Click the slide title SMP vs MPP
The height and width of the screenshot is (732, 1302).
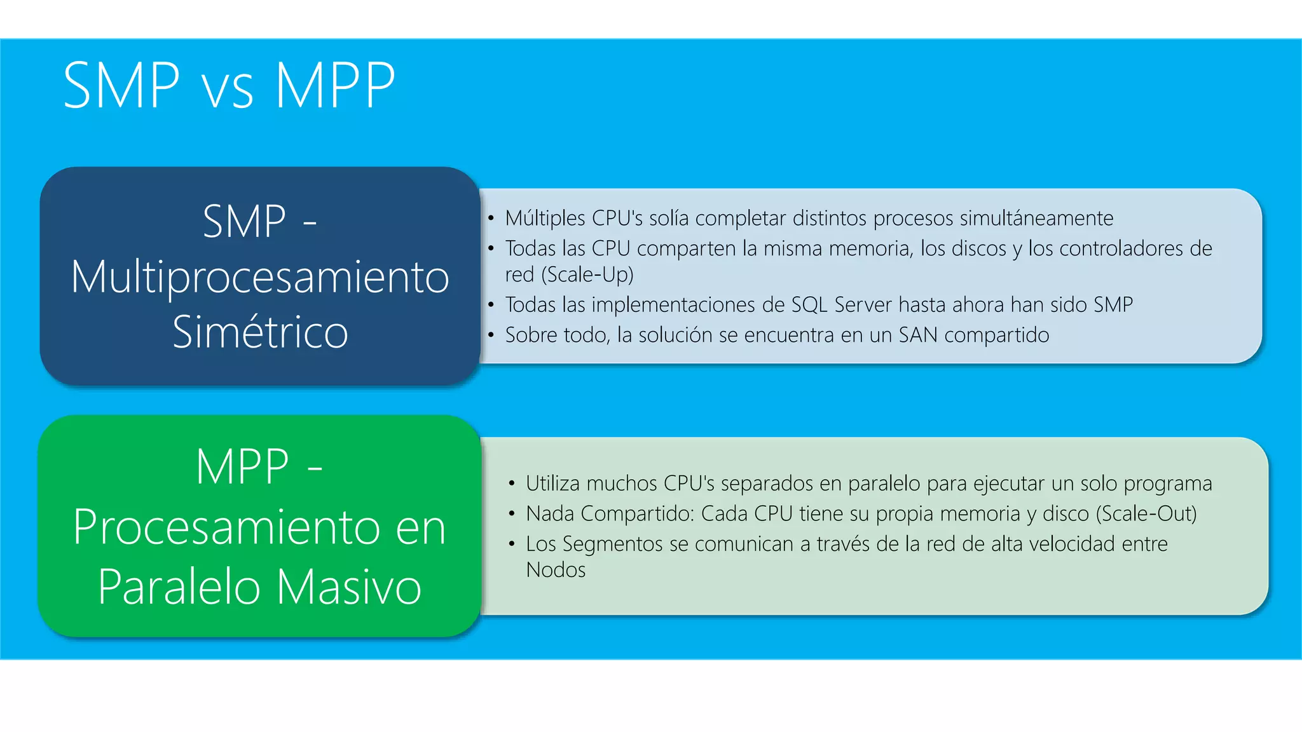[x=229, y=86]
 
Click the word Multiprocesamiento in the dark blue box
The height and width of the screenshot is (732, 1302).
[x=260, y=277]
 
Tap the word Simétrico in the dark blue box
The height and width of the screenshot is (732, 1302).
[x=260, y=332]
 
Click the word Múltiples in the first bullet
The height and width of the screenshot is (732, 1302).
[x=545, y=218]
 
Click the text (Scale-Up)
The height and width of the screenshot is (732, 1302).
[x=587, y=274]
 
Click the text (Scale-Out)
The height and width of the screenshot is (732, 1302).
[x=1146, y=513]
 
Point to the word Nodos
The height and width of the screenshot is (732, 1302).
[x=556, y=570]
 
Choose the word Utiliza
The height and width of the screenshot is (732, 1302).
[x=552, y=484]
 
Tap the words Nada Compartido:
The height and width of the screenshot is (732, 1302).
[x=610, y=513]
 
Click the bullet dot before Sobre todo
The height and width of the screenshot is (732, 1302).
[x=491, y=335]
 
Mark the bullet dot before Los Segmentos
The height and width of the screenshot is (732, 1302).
[x=512, y=544]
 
